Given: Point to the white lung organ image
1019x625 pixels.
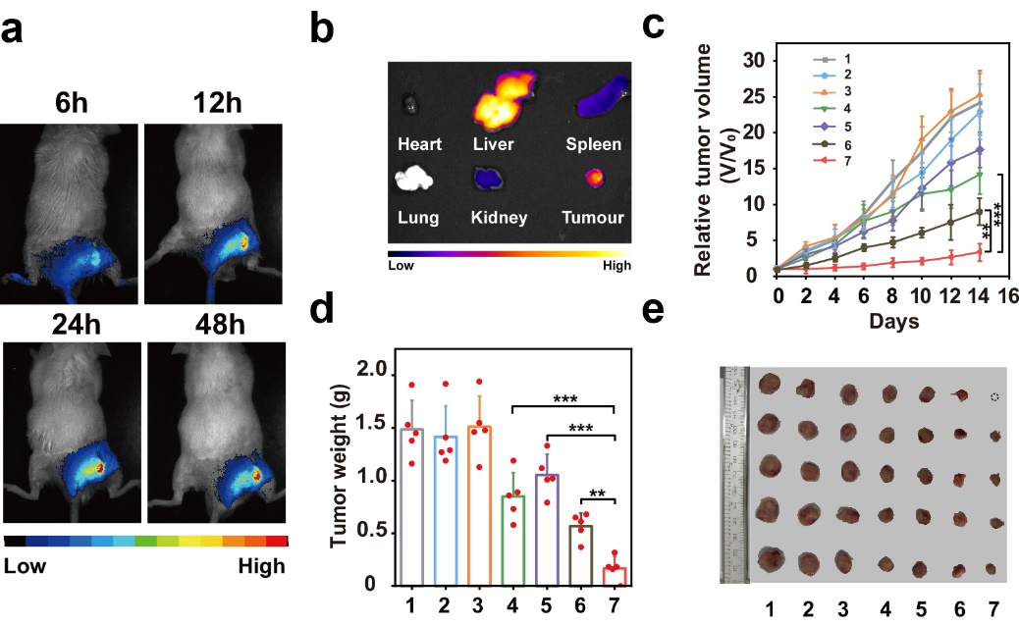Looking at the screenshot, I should coord(413,179).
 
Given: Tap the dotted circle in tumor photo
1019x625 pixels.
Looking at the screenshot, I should coord(994,397).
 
